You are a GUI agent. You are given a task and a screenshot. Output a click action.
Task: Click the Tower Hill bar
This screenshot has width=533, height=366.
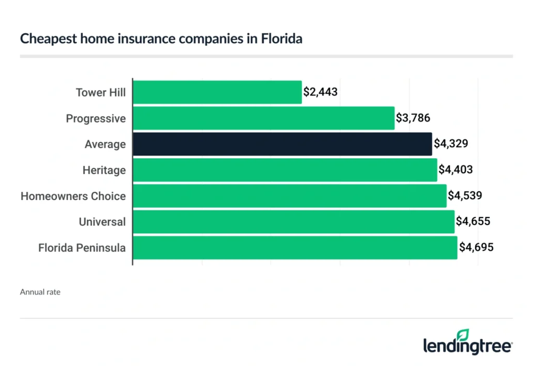218,92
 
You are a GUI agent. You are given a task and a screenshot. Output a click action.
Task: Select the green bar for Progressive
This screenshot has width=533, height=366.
264,118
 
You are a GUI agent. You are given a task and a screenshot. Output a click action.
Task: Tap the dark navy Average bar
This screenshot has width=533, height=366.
283,144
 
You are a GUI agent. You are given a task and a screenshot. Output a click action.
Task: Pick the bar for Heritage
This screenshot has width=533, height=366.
285,170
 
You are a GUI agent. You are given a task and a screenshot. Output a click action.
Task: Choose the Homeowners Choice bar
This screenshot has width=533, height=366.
290,196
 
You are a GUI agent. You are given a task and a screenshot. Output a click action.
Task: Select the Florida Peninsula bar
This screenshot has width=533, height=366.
295,248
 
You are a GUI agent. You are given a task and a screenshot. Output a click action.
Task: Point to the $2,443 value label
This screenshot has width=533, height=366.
321,92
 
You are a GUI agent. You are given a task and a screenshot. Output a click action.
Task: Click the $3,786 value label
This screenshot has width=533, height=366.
413,118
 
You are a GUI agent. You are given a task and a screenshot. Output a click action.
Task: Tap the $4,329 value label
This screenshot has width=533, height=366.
451,144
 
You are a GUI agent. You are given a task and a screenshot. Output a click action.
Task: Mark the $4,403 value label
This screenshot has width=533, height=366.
456,170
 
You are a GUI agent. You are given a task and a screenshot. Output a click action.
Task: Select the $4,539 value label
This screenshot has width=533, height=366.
465,196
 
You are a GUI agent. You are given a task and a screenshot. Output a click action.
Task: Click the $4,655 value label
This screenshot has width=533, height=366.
473,222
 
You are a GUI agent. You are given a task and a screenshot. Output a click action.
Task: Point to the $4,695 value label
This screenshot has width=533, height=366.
476,248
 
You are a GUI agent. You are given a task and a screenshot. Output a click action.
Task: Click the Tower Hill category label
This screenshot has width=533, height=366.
100,93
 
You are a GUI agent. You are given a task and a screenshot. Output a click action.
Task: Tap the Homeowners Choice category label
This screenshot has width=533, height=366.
73,196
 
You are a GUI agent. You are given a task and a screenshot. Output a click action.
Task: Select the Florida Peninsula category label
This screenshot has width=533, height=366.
82,248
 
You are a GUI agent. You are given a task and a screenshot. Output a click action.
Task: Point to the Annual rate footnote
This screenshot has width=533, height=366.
40,292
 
